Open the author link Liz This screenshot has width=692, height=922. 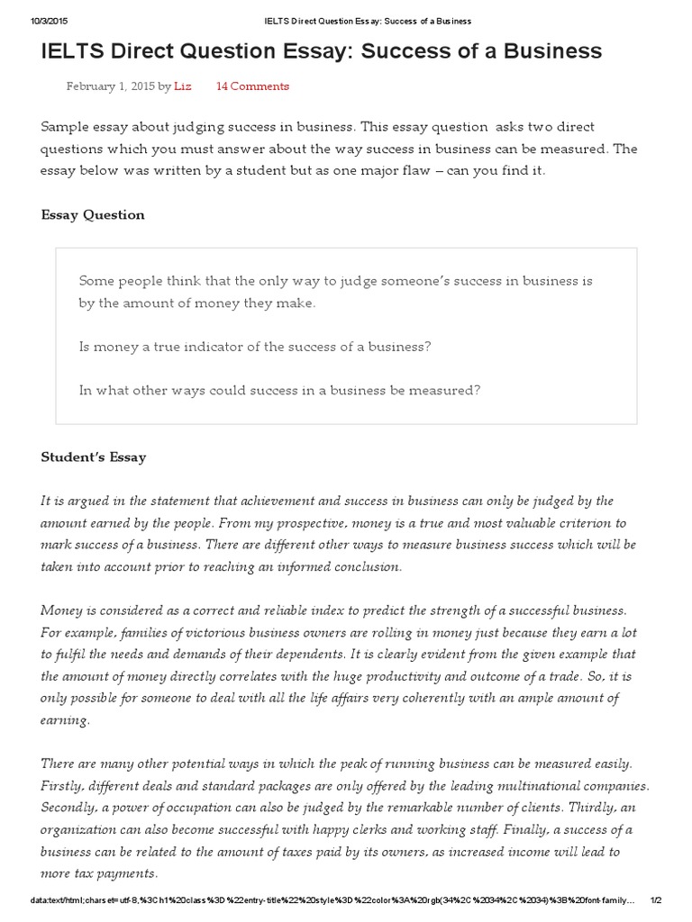click(183, 86)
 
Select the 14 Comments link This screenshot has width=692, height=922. click(252, 86)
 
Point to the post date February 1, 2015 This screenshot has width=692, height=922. click(110, 86)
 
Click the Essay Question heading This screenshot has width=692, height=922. click(93, 214)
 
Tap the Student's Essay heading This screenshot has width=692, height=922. click(94, 457)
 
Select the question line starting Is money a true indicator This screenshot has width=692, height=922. click(255, 347)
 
